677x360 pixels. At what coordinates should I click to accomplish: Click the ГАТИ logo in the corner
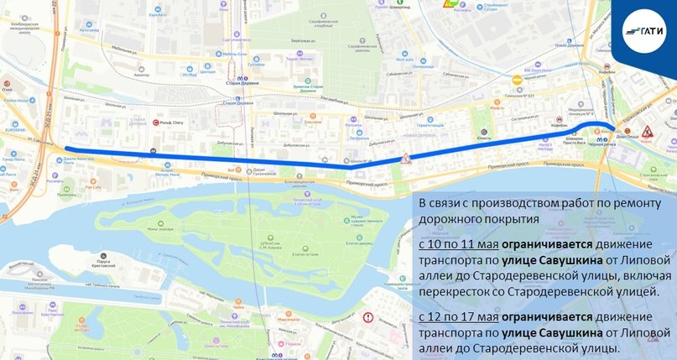pyautogui.click(x=645, y=29)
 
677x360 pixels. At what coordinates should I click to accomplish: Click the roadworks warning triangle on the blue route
pyautogui.click(x=405, y=158)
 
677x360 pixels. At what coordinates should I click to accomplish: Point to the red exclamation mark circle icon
pyautogui.click(x=367, y=317)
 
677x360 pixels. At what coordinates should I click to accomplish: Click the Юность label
pyautogui.click(x=483, y=137)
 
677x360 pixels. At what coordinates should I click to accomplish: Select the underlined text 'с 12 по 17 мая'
pyautogui.click(x=458, y=317)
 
